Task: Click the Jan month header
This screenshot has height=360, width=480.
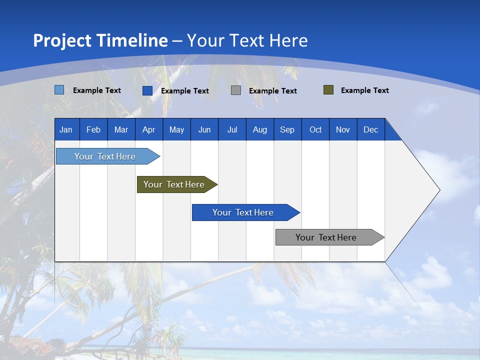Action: click(x=66, y=129)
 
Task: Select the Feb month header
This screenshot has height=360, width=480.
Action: click(x=93, y=129)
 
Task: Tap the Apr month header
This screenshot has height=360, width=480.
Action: click(x=148, y=129)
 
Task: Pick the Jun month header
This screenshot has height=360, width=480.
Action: click(x=204, y=129)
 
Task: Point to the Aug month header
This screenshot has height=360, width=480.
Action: click(x=259, y=129)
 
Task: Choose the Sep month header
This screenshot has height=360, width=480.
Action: click(x=287, y=129)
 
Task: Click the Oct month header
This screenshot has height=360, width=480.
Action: click(x=315, y=129)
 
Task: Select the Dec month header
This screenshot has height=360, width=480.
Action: click(x=370, y=129)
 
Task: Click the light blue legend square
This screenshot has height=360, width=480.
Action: click(x=59, y=90)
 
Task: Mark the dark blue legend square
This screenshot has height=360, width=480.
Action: click(x=147, y=90)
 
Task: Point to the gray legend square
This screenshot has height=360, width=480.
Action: click(x=236, y=90)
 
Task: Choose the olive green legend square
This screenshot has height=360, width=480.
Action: click(x=328, y=90)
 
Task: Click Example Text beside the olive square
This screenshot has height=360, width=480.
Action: click(x=364, y=90)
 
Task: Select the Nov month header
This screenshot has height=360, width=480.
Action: click(x=342, y=129)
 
